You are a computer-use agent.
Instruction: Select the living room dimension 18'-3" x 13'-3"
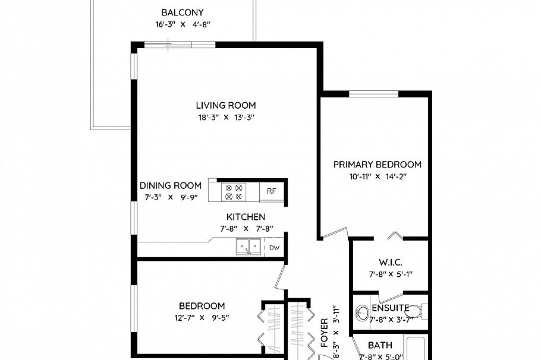pyautogui.click(x=226, y=118)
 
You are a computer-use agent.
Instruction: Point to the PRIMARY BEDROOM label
pyautogui.click(x=377, y=165)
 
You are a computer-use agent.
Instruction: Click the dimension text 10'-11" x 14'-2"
pyautogui.click(x=377, y=176)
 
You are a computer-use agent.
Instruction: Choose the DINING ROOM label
pyautogui.click(x=171, y=185)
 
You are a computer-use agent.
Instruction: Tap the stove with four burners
pyautogui.click(x=233, y=191)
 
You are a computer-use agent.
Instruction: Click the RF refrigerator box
pyautogui.click(x=271, y=191)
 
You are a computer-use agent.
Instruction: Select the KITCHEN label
pyautogui.click(x=246, y=217)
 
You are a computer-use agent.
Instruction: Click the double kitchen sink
pyautogui.click(x=249, y=247)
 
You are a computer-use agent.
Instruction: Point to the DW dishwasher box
pyautogui.click(x=274, y=248)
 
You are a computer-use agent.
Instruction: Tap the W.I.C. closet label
pyautogui.click(x=391, y=262)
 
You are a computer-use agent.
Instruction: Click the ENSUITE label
pyautogui.click(x=390, y=308)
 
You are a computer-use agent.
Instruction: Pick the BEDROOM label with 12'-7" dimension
pyautogui.click(x=202, y=305)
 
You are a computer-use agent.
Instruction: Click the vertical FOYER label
pyautogui.click(x=325, y=333)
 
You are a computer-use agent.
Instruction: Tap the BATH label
pyautogui.click(x=380, y=345)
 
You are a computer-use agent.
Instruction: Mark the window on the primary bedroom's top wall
pyautogui.click(x=373, y=93)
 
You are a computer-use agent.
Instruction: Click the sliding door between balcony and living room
pyautogui.click(x=172, y=43)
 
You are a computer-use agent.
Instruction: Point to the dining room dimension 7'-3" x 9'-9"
pyautogui.click(x=171, y=197)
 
